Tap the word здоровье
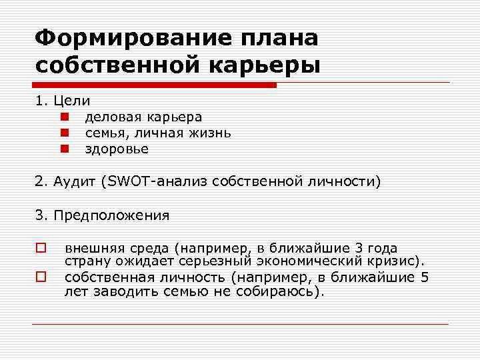click(117, 149)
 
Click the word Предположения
click(111, 215)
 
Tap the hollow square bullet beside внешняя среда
click(41, 247)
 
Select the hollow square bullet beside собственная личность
click(41, 274)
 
